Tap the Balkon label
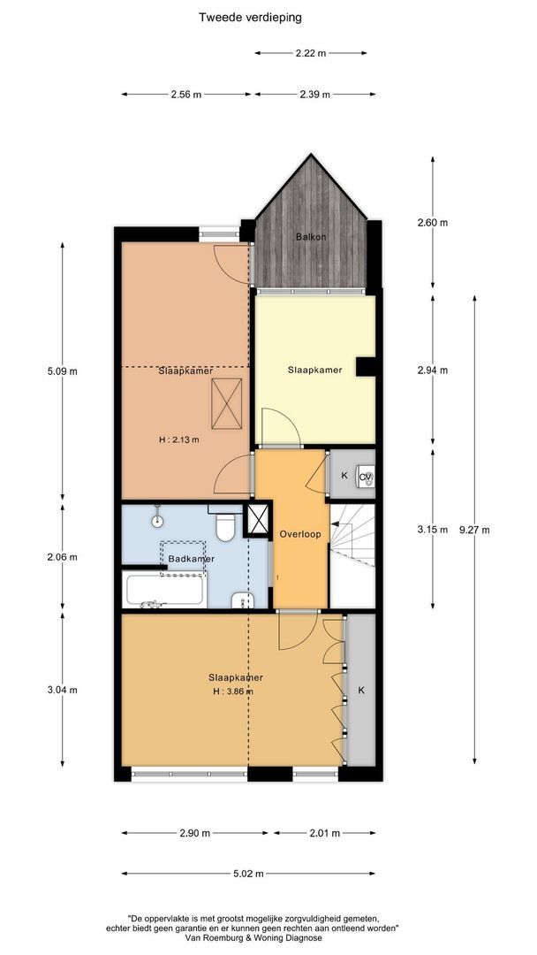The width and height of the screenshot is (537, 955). [x=311, y=237]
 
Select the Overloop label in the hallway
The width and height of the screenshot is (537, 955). [x=299, y=534]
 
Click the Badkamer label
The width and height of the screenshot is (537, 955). [x=191, y=559]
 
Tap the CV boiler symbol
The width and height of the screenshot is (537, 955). [x=366, y=477]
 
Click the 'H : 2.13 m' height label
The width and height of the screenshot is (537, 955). [x=178, y=439]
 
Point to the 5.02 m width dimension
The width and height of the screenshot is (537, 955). [x=248, y=874]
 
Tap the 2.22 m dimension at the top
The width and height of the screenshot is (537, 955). [x=310, y=53]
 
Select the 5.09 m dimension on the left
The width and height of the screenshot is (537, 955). [x=62, y=371]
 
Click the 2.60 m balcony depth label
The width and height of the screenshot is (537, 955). [x=432, y=223]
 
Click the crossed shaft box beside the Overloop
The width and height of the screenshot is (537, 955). [x=258, y=520]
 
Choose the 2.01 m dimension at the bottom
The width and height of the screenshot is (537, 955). [x=324, y=833]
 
